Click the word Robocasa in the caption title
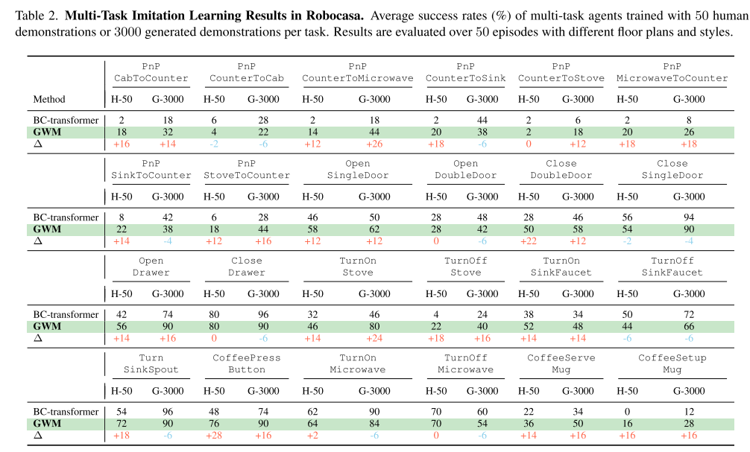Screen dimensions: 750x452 [334, 16]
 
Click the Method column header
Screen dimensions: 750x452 [49, 99]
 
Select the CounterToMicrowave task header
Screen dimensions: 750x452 [358, 73]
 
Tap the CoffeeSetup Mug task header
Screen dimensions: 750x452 [672, 363]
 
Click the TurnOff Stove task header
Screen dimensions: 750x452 [465, 267]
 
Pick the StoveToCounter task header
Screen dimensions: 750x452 [246, 170]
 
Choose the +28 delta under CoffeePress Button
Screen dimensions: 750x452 [214, 436]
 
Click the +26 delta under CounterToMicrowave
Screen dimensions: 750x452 [374, 144]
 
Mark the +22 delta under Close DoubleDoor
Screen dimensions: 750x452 [529, 241]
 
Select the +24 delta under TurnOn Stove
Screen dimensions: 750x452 [374, 338]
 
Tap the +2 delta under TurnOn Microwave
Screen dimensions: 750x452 [313, 436]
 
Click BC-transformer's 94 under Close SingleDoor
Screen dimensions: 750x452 [689, 217]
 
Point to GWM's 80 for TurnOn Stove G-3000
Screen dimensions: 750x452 [374, 326]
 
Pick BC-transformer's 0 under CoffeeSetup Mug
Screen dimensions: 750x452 [627, 412]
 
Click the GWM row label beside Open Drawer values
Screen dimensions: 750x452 [47, 326]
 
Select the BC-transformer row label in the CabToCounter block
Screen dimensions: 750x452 [66, 121]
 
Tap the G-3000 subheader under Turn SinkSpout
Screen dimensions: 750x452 [168, 391]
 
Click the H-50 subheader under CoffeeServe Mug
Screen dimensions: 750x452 [529, 391]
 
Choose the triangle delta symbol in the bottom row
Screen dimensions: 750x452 [38, 436]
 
